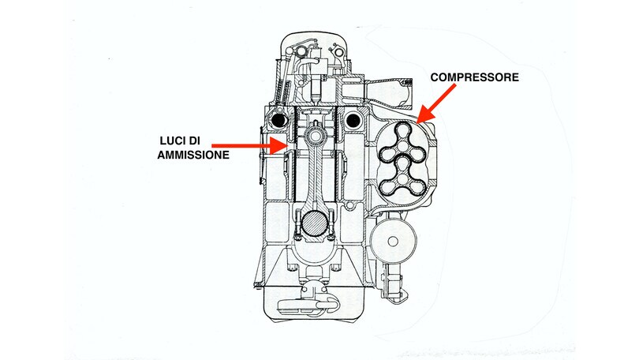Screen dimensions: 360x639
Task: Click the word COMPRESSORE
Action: pos(476,78)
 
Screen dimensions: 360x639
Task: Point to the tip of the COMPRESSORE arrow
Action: pos(418,120)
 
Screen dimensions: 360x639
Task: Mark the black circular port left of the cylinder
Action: pos(278,120)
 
